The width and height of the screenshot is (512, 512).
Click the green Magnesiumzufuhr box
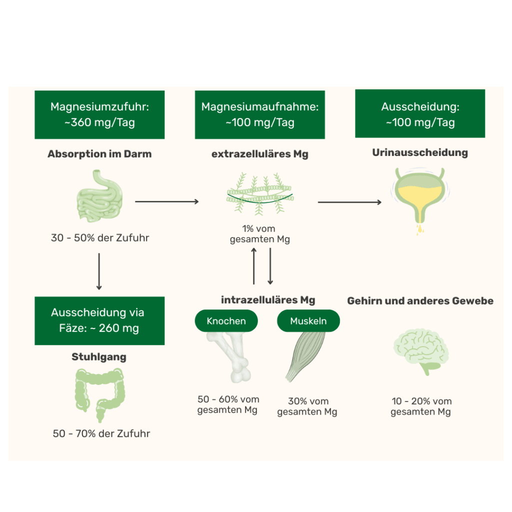pyautogui.click(x=99, y=115)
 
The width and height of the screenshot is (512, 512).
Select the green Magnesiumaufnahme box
pyautogui.click(x=259, y=115)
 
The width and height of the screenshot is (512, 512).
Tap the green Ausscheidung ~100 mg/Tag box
pyautogui.click(x=420, y=114)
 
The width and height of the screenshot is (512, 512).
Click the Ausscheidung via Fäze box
pyautogui.click(x=99, y=320)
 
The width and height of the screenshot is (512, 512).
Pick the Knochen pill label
pyautogui.click(x=226, y=321)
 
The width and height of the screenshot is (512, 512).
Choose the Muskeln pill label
pyautogui.click(x=308, y=321)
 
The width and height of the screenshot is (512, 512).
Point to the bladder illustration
pyautogui.click(x=419, y=192)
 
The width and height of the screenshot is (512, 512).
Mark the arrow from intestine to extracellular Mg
pyautogui.click(x=166, y=202)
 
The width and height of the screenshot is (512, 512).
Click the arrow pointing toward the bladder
pyautogui.click(x=349, y=202)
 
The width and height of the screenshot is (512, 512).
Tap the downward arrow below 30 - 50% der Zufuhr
pyautogui.click(x=99, y=271)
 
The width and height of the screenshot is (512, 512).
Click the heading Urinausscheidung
pyautogui.click(x=420, y=153)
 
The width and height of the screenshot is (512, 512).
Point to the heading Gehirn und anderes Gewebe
pyautogui.click(x=420, y=301)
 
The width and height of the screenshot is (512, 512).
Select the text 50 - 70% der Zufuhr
pyautogui.click(x=101, y=433)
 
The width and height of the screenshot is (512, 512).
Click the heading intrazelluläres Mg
pyautogui.click(x=268, y=300)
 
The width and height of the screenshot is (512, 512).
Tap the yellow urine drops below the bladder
pyautogui.click(x=419, y=229)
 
